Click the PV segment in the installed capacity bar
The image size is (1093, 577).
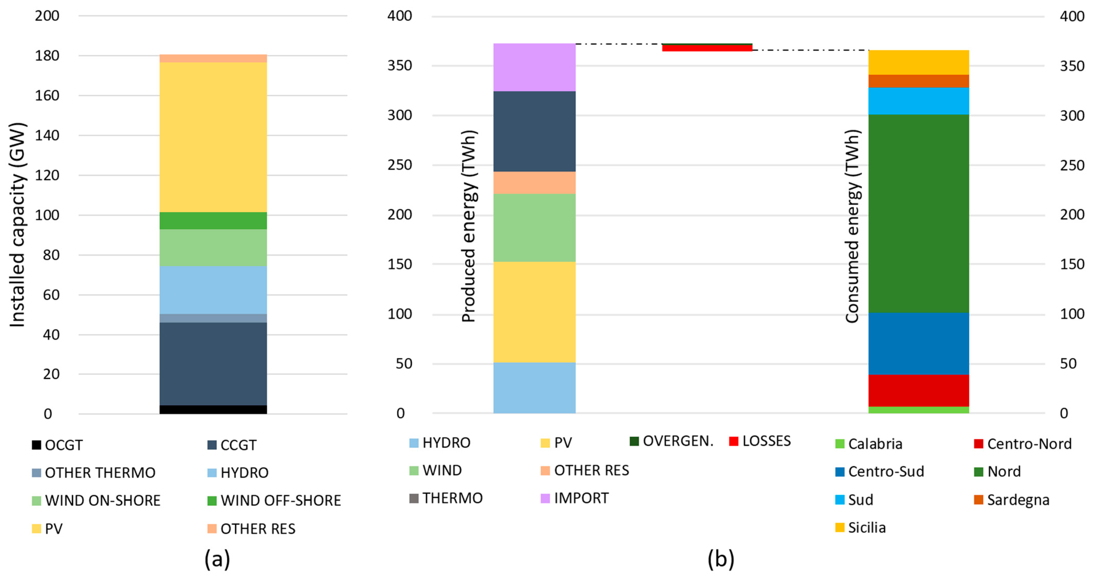pos(213,137)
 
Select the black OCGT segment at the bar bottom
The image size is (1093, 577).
pos(213,409)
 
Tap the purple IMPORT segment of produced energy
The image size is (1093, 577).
pos(534,67)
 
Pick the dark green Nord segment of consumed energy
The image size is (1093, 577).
pos(918,214)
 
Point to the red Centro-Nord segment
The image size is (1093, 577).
pos(918,390)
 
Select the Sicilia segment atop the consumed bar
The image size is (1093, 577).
pos(918,62)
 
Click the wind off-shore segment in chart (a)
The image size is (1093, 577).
pos(213,221)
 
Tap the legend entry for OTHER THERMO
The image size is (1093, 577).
pos(94,472)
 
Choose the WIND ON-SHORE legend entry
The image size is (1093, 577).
pos(97,500)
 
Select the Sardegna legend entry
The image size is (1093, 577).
pos(1012,500)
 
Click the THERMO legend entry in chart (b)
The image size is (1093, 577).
pos(446,498)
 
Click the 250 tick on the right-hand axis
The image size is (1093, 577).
pos(1072,165)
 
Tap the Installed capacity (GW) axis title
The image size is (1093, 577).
pos(18,225)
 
